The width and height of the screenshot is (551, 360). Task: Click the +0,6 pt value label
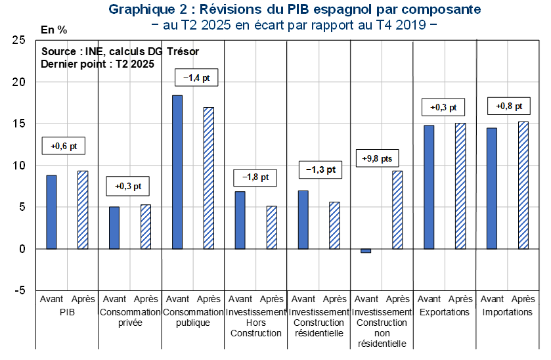click(64, 146)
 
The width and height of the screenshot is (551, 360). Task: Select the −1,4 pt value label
click(197, 78)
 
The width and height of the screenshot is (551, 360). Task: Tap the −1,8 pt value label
click(255, 177)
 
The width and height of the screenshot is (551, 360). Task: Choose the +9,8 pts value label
click(378, 159)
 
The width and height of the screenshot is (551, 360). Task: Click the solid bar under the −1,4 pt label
click(177, 172)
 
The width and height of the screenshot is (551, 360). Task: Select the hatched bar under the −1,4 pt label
click(209, 178)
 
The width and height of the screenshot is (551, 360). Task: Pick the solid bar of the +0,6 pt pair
click(51, 212)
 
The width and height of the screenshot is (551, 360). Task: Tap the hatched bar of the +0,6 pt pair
click(83, 210)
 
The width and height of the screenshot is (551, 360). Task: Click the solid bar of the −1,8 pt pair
click(240, 220)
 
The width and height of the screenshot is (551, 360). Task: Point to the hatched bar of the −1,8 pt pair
click(272, 227)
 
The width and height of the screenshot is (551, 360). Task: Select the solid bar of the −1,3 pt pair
click(303, 219)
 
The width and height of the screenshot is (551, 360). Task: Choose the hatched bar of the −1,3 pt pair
click(335, 225)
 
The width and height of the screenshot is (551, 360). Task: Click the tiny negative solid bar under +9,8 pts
click(366, 251)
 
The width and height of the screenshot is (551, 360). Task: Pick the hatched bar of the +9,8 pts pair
click(397, 210)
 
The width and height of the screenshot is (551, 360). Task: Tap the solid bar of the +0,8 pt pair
click(492, 188)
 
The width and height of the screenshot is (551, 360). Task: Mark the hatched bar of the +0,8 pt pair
click(523, 185)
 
